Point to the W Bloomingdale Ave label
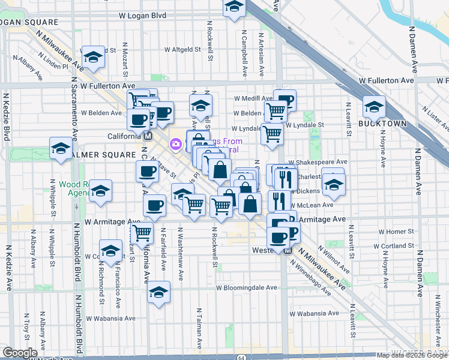click(x=246, y=287)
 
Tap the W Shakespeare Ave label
click(x=318, y=161)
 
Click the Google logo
click(x=20, y=353)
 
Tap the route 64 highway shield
click(x=241, y=356)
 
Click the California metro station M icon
click(x=147, y=136)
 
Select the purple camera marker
click(x=176, y=143)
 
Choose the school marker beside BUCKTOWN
click(x=374, y=106)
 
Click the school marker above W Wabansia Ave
click(x=158, y=292)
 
